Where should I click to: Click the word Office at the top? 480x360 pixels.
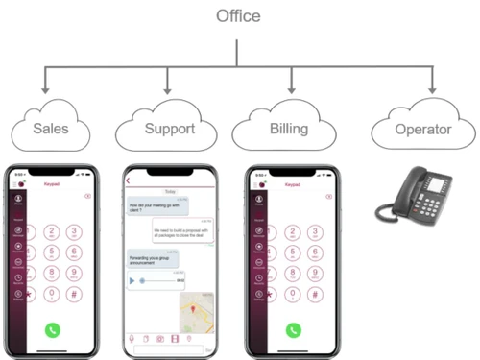pos(237,15)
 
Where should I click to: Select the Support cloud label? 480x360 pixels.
pos(170,127)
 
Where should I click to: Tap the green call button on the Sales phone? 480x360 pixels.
pos(53,328)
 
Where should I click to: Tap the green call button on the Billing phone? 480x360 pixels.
pos(293,328)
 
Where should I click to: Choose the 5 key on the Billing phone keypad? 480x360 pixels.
pos(293,252)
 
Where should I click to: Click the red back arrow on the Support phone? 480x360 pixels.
pos(128,180)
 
